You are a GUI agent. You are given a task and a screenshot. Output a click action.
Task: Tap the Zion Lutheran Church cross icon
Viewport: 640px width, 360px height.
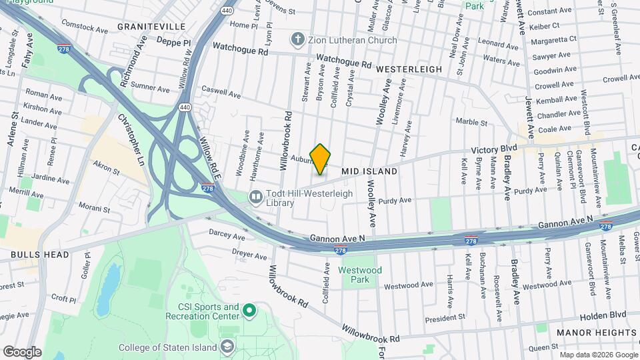point(298,40)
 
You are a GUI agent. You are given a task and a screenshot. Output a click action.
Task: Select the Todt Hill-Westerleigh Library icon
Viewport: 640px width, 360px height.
point(255,197)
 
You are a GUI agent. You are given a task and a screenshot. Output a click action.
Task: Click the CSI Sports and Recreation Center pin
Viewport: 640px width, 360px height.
point(249,310)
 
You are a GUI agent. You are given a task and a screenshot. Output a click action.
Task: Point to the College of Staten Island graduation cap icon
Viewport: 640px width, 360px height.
point(227,347)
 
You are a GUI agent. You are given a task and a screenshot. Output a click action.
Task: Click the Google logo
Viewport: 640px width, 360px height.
point(22,352)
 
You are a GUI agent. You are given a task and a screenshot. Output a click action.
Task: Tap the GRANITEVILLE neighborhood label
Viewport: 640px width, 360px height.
point(151,26)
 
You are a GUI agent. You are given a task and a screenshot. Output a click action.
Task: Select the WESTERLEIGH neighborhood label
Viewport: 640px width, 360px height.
point(409,69)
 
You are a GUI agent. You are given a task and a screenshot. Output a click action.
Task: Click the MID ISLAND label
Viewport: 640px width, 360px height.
point(369,171)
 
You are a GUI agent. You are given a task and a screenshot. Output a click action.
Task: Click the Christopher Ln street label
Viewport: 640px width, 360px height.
point(130,139)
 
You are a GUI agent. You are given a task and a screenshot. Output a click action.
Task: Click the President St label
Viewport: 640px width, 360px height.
point(444,318)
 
